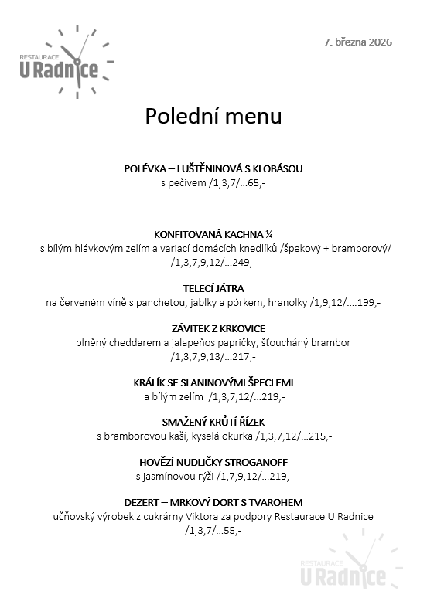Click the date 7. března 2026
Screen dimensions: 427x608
pos(358,42)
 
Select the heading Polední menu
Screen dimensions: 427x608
pos(213,117)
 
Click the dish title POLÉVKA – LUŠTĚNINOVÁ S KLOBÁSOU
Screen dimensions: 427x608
pos(213,169)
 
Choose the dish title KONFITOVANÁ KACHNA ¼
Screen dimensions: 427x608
pos(213,233)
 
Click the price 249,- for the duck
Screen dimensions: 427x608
pos(243,262)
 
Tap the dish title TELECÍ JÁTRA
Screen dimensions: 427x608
pos(213,288)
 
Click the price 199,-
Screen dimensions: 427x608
pos(367,302)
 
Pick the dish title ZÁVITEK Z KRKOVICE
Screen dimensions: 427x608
pos(213,328)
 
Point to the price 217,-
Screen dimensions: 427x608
pos(243,356)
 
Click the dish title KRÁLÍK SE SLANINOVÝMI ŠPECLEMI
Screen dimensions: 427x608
pos(213,382)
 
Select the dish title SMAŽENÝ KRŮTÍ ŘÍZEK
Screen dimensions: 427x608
pos(213,423)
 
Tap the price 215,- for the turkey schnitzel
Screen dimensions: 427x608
pos(319,436)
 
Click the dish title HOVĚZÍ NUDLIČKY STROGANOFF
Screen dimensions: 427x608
pos(213,462)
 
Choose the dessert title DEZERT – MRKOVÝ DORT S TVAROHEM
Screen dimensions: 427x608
pos(213,502)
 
